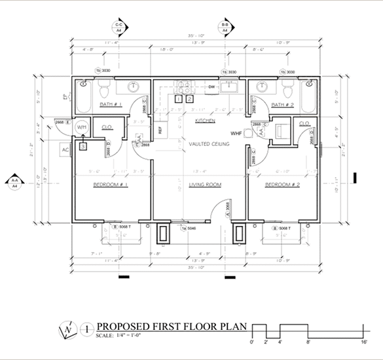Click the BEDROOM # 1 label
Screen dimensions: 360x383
click(x=110, y=185)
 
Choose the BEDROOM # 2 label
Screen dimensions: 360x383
click(x=282, y=185)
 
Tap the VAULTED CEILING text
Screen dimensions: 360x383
click(x=209, y=143)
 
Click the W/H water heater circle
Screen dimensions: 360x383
click(x=82, y=127)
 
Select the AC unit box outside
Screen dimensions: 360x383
click(x=65, y=149)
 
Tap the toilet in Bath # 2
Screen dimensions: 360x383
click(x=288, y=84)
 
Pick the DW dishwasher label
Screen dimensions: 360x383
click(x=211, y=86)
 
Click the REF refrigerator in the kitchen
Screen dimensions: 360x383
click(x=160, y=129)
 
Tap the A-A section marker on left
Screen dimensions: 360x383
click(x=14, y=183)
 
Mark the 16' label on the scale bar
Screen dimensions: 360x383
click(x=362, y=342)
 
